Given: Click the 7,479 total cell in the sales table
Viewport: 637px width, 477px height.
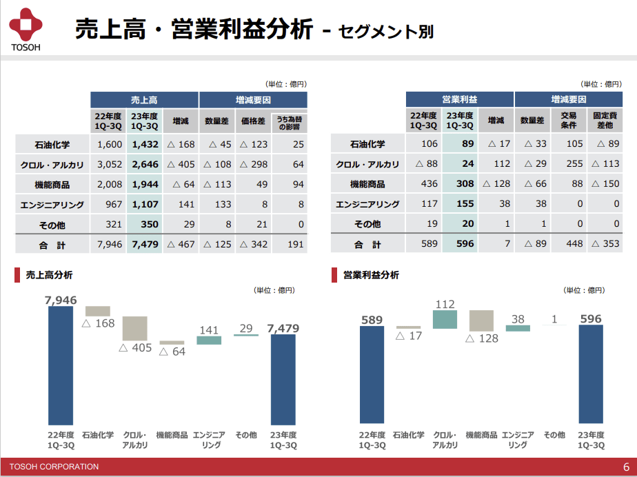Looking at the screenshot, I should [145, 244].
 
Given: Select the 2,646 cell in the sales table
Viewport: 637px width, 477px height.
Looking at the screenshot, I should [145, 165].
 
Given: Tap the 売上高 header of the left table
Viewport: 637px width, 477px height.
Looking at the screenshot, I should [144, 100].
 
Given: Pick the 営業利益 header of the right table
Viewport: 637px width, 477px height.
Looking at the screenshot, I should [459, 100].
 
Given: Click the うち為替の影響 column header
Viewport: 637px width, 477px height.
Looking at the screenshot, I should [290, 122].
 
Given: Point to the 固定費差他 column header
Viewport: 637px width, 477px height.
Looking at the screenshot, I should [604, 121].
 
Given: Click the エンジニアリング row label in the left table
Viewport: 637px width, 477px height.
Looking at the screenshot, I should [52, 205].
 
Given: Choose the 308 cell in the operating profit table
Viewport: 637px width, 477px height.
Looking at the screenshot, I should [460, 185].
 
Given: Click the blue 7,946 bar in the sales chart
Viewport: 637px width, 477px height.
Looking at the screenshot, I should [61, 365].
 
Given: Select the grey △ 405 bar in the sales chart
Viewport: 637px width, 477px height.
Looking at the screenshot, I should [135, 328].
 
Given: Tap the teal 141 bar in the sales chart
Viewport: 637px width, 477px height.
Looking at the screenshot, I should [208, 340].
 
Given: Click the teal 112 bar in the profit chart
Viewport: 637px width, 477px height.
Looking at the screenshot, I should [445, 319].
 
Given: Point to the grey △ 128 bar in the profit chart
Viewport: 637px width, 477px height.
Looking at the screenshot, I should [481, 321].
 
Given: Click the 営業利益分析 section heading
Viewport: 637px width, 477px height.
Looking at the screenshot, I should [371, 275].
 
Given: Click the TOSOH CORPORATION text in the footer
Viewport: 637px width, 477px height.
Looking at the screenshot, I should [54, 467].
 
